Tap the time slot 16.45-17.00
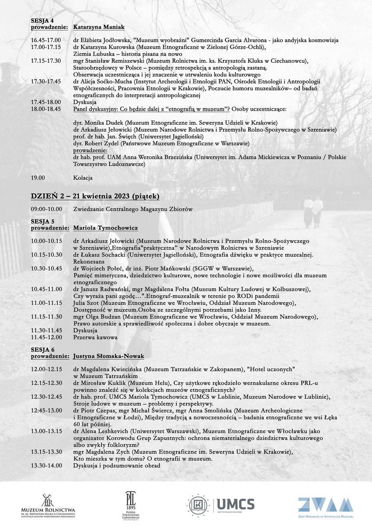click(x=46, y=40)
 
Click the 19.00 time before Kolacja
click(x=38, y=178)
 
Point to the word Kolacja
click(x=83, y=178)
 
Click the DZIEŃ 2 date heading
click(x=95, y=195)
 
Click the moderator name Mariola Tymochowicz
click(x=105, y=228)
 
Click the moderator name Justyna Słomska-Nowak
click(x=108, y=356)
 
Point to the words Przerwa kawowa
click(x=95, y=337)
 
